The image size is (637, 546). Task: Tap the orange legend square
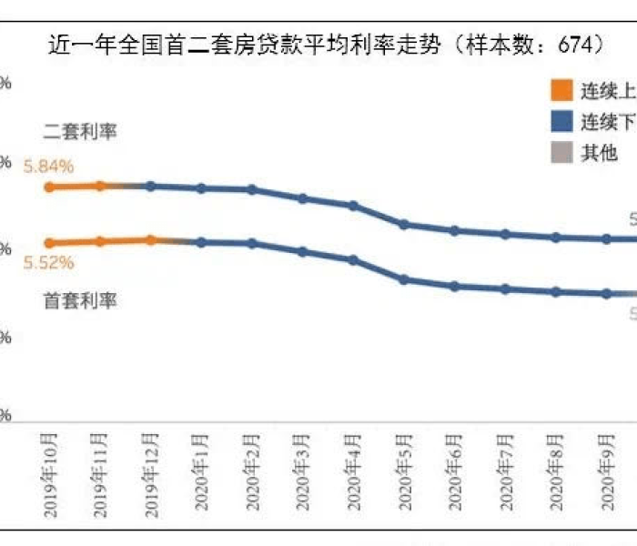click(x=561, y=91)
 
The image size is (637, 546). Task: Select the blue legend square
click(x=561, y=121)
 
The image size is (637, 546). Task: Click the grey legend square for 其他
click(x=561, y=152)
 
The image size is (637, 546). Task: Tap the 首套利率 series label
click(x=80, y=301)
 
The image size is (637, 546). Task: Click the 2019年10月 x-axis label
click(x=50, y=472)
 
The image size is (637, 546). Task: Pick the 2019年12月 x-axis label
click(x=150, y=472)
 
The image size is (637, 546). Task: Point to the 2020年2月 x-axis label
click(x=252, y=474)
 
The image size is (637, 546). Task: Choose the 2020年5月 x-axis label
click(x=403, y=474)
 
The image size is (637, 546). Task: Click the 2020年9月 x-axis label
click(x=605, y=474)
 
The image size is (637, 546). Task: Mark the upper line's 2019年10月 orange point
click(x=50, y=187)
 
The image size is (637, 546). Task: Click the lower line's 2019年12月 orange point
click(x=151, y=239)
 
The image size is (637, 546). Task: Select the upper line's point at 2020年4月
click(x=353, y=206)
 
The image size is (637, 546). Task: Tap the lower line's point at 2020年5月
click(x=403, y=279)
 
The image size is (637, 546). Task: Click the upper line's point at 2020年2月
click(x=252, y=189)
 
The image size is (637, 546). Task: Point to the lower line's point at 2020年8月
click(x=554, y=292)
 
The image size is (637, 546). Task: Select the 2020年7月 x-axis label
click(x=504, y=474)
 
